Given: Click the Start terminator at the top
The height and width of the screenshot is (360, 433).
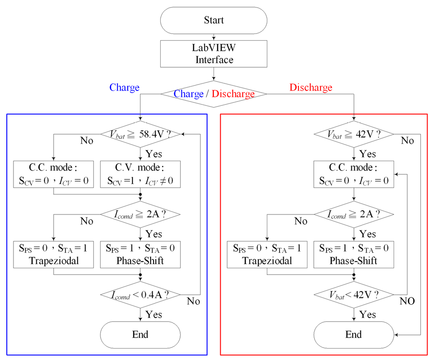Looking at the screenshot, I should (214, 20).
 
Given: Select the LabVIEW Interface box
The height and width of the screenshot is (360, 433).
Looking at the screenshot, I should (214, 54).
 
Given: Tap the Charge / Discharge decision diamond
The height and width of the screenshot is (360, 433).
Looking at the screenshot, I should (214, 94).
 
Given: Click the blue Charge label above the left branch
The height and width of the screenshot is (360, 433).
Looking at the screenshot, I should (124, 88).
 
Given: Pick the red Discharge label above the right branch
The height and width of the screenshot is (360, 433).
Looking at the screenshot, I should (310, 88).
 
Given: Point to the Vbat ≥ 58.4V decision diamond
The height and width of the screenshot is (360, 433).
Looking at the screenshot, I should (140, 134).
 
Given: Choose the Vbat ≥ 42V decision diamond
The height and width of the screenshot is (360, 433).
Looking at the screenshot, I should (354, 134).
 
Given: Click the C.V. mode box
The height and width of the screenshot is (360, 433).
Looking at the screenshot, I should (140, 174).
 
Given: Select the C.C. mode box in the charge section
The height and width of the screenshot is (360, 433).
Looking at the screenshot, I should (53, 174).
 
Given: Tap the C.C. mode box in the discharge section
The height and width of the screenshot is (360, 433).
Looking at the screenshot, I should (354, 174).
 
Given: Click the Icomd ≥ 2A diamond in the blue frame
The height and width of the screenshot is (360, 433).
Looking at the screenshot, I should (140, 214).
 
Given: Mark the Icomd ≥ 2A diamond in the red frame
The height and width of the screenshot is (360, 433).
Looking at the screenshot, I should (354, 214).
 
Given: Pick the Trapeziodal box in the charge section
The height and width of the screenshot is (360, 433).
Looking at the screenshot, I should (53, 254).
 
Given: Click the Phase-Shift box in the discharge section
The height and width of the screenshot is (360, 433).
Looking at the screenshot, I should (354, 254).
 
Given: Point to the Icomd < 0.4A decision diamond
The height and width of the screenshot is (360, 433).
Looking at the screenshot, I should (140, 294).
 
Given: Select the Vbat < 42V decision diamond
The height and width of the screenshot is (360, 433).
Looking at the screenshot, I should (354, 294).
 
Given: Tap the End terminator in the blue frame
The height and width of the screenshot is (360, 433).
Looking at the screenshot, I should (140, 335).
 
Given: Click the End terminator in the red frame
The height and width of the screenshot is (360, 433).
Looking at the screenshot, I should (354, 335).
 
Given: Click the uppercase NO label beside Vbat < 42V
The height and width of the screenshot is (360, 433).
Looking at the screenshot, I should (407, 301).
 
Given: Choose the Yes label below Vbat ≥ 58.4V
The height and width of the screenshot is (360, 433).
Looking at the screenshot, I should (153, 153).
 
